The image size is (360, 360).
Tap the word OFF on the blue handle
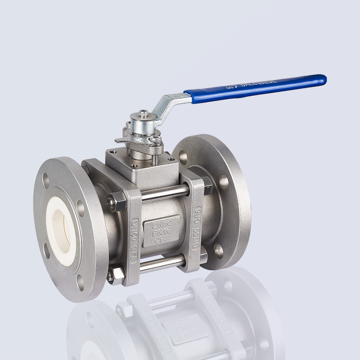[230, 87]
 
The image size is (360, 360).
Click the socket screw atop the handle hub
[144, 114]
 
